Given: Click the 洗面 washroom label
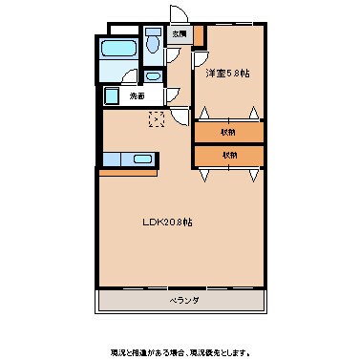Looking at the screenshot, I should [x=138, y=95].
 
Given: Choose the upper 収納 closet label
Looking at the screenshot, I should [x=228, y=132].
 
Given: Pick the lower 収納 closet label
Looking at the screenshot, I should [x=228, y=154].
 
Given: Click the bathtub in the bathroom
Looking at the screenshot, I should [x=119, y=50].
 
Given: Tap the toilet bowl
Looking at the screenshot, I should [x=154, y=43].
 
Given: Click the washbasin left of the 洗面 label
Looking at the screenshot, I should [x=112, y=95].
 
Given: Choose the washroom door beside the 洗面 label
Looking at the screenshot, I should [x=170, y=94].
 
